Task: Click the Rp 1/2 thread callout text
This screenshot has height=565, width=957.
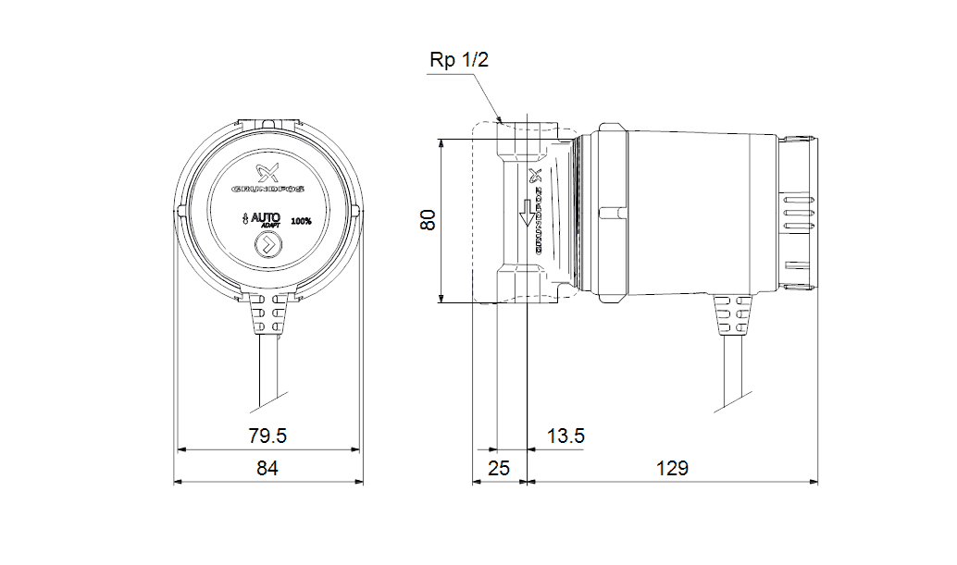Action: (458, 60)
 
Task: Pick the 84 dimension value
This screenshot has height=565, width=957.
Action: (267, 469)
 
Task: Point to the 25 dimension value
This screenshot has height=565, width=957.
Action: (499, 469)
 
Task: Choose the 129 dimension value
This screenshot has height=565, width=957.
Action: (672, 469)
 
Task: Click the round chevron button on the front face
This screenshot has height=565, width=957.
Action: (267, 246)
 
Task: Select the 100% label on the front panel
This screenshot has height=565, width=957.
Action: (301, 221)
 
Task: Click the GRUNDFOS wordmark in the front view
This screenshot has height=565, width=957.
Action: (268, 192)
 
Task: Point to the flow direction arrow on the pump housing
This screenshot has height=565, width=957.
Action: (527, 212)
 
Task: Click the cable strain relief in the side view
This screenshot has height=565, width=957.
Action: (731, 319)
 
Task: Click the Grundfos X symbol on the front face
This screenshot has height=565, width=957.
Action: (267, 172)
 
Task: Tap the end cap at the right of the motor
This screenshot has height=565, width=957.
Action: (797, 214)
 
